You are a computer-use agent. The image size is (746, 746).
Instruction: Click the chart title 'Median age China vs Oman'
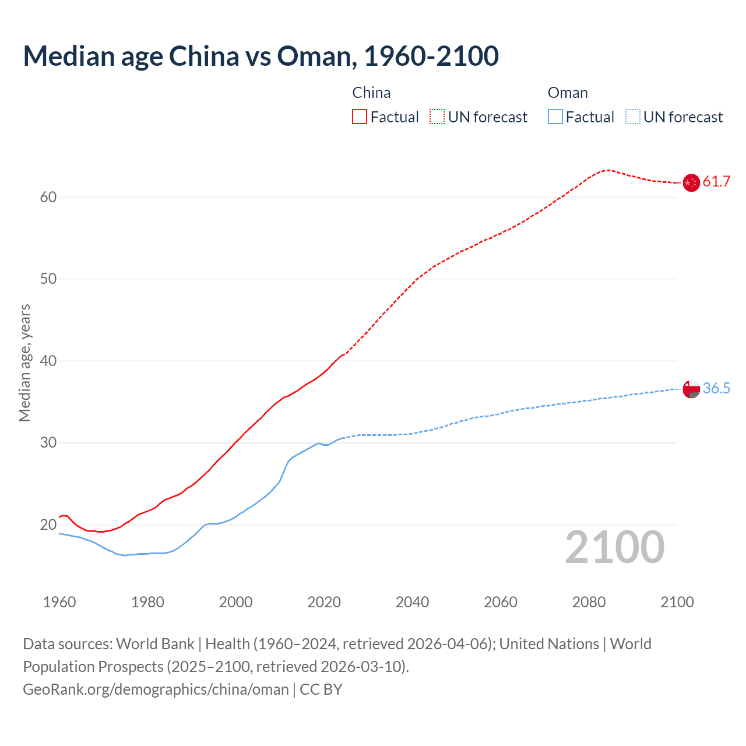(261, 56)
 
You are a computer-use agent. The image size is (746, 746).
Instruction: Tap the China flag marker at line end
(691, 182)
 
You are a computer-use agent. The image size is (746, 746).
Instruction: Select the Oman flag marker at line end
(691, 389)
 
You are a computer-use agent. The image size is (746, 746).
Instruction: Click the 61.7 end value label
(716, 182)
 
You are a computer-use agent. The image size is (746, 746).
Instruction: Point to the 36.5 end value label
(716, 389)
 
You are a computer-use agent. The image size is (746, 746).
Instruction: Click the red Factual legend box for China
(360, 117)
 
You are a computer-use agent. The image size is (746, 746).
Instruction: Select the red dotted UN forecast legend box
(437, 117)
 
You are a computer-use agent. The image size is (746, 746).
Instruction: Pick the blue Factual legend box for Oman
(555, 117)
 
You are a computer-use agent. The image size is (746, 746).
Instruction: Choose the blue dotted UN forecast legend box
(632, 117)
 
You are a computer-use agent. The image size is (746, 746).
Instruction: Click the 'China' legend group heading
(371, 93)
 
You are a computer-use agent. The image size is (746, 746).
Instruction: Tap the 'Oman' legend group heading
(567, 93)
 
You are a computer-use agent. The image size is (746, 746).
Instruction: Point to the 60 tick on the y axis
(48, 197)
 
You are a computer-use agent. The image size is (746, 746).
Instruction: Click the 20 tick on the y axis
(48, 525)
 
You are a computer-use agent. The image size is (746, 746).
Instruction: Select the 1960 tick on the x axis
(59, 602)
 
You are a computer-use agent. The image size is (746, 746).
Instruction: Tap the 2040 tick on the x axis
(412, 602)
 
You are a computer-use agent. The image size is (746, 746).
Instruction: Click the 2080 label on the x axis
(589, 602)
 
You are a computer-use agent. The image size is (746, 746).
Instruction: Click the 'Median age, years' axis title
(24, 363)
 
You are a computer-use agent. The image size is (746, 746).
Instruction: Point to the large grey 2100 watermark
(614, 547)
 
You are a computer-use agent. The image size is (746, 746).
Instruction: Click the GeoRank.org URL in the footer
(156, 689)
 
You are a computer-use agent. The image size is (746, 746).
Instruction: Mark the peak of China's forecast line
(608, 170)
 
